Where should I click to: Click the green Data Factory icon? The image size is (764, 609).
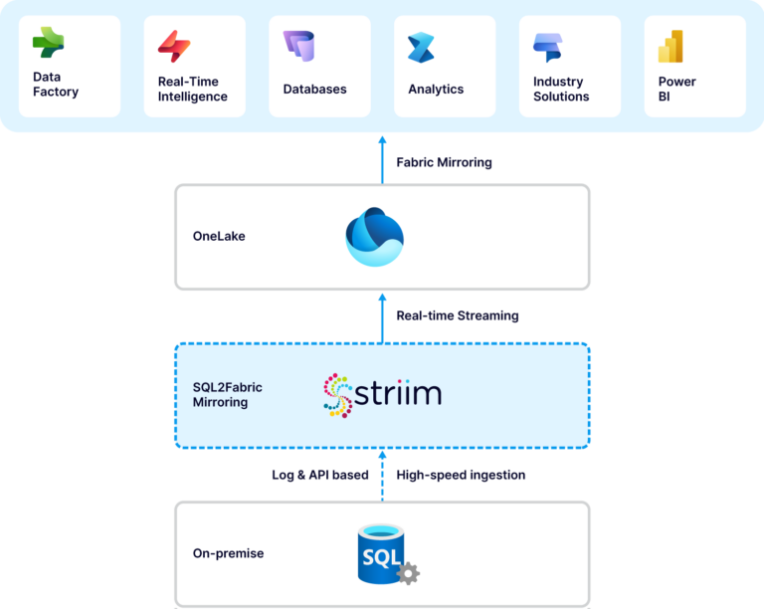48,43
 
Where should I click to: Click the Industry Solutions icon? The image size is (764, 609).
548,47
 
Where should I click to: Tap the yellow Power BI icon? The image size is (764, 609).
670,47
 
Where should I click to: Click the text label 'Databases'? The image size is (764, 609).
314,90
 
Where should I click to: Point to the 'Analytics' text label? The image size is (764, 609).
436,90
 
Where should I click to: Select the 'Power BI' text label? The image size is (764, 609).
676,89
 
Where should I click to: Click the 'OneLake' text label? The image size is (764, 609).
218,237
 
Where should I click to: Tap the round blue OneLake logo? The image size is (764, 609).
374,237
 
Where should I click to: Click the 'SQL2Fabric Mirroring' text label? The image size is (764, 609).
228,395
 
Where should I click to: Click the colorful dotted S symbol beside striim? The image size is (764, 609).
338,395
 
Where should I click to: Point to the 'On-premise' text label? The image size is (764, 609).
229,553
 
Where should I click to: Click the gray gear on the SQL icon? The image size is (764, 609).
408,573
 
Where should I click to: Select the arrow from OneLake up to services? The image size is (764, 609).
382,159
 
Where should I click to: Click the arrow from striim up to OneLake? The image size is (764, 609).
382,316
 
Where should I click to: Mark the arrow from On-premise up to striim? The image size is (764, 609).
382,475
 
